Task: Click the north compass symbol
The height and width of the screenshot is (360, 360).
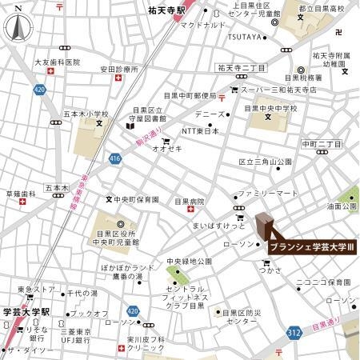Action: click(x=18, y=27)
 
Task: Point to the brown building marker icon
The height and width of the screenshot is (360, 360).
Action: click(x=265, y=226)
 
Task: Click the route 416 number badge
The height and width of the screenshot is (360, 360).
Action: click(x=115, y=158)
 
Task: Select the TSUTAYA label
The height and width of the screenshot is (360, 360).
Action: click(x=244, y=36)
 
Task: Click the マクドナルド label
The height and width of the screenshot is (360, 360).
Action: click(x=202, y=24)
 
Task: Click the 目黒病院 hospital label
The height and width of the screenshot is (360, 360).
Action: click(x=190, y=202)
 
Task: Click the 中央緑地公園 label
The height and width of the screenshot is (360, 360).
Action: click(x=189, y=262)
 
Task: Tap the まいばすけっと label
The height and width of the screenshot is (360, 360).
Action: click(x=218, y=226)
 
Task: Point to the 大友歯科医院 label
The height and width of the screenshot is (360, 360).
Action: click(x=58, y=62)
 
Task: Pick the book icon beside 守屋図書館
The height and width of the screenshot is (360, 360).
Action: click(x=128, y=126)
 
